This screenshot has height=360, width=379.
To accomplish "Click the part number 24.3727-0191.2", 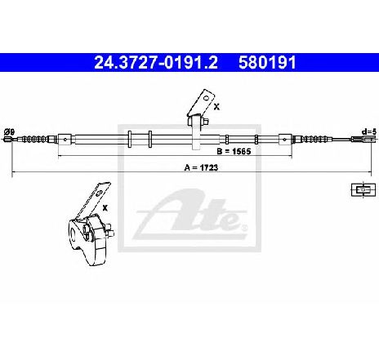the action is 156,63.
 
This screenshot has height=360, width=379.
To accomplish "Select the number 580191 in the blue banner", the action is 267,63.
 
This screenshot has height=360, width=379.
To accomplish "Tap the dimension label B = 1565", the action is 234,151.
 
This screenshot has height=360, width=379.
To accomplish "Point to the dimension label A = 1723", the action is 201,167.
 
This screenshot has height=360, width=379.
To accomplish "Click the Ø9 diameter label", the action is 10,132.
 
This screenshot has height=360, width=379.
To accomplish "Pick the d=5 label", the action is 368,132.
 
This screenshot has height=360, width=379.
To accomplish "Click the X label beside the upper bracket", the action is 216,107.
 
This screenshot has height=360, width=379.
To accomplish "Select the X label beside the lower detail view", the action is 105,208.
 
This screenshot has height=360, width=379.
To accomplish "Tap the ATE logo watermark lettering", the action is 189,214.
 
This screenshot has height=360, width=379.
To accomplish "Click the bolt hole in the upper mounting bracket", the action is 207,97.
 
